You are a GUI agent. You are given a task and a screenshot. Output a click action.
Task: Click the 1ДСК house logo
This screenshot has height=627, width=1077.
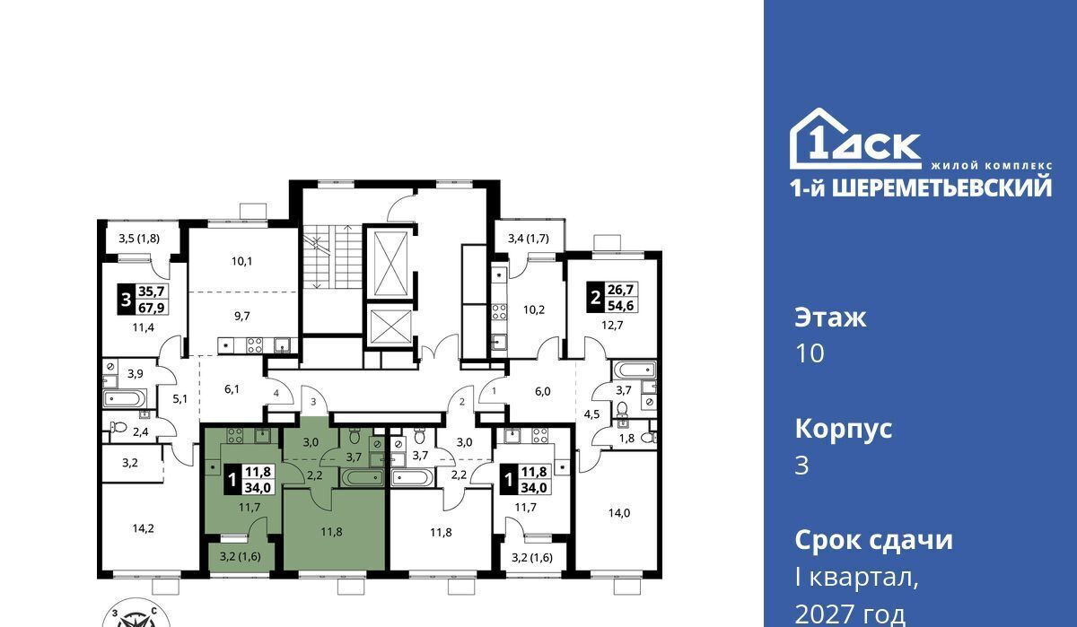(855, 139)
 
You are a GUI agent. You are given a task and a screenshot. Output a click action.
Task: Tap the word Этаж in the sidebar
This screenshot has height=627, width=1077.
(830, 318)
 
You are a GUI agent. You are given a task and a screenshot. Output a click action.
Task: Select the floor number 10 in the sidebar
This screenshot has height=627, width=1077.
(810, 353)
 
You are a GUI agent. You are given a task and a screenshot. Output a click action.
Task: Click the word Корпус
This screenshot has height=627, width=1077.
(844, 430)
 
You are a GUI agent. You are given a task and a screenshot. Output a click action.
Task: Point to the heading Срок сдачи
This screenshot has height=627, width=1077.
(873, 540)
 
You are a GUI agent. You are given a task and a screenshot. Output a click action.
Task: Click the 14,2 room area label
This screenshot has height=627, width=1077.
(144, 528)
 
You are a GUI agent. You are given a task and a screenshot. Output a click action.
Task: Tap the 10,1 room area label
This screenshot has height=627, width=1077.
(241, 261)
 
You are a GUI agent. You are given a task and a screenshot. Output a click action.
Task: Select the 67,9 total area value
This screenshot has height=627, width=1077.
(152, 308)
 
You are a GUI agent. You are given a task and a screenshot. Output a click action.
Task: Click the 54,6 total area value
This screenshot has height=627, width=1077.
(620, 305)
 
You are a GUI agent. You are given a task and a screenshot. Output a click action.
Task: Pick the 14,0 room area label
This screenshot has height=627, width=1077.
(618, 513)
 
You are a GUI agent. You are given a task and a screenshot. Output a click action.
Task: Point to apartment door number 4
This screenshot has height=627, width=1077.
(276, 393)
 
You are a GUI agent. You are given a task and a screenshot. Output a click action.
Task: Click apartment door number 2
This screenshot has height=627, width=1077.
(462, 402)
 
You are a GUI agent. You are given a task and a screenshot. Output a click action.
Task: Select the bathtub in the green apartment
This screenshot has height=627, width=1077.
(362, 477)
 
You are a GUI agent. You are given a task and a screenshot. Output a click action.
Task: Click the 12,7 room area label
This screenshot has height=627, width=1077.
(612, 326)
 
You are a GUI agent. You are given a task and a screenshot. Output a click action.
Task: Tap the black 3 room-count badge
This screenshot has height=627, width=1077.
(126, 300)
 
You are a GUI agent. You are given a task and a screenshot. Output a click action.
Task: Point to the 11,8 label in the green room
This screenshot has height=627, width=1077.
(332, 531)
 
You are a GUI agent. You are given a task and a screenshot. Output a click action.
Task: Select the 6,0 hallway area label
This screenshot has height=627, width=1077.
(542, 392)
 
